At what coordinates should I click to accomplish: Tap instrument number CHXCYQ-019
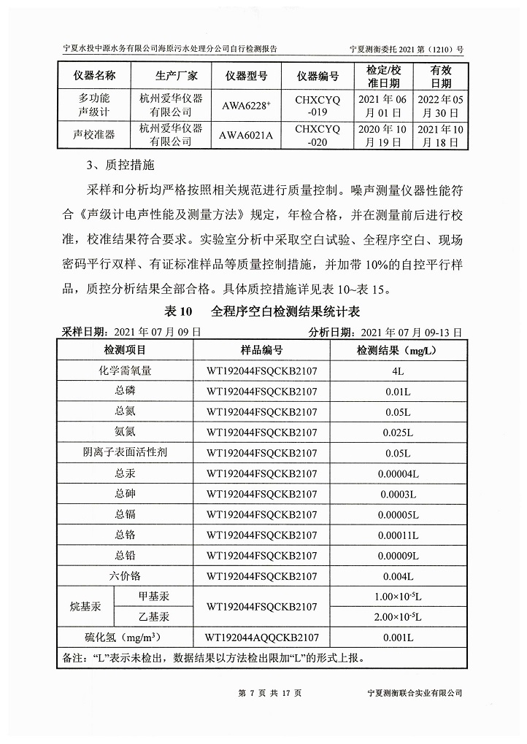click(318, 105)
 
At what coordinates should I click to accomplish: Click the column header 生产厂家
click(171, 76)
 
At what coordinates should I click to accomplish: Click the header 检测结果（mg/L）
click(397, 351)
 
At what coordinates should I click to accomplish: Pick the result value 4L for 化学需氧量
click(398, 371)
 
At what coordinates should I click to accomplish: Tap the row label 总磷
click(126, 391)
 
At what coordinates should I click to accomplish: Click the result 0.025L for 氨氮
click(398, 433)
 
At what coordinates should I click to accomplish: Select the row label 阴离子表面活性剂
click(126, 453)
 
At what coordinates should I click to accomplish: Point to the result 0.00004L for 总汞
click(398, 474)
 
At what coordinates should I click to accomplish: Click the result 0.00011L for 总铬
click(398, 535)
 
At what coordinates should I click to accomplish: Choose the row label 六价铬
click(126, 576)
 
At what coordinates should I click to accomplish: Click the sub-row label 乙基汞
click(158, 617)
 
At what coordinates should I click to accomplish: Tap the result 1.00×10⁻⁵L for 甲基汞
click(398, 597)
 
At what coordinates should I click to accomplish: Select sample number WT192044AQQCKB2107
click(262, 638)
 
